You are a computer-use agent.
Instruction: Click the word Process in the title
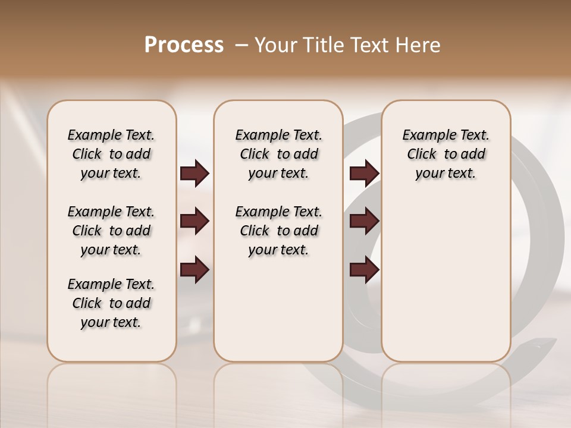[x=184, y=45]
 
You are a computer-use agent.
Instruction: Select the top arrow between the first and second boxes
[x=194, y=174]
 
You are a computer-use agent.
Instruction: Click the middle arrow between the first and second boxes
[x=194, y=222]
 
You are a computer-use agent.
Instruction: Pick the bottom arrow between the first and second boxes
[x=194, y=270]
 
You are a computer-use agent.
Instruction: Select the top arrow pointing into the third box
[x=364, y=174]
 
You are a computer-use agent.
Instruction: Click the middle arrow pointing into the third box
[x=364, y=222]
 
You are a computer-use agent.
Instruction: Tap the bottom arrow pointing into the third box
[x=364, y=270]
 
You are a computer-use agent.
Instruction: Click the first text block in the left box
[x=111, y=154]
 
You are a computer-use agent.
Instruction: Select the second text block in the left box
[x=111, y=231]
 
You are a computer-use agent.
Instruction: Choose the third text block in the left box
[x=111, y=303]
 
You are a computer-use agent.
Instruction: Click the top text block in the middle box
[x=278, y=154]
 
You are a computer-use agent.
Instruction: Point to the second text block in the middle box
[x=278, y=231]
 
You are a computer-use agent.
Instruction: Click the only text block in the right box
[x=445, y=154]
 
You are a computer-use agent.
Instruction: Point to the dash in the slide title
[x=241, y=45]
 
